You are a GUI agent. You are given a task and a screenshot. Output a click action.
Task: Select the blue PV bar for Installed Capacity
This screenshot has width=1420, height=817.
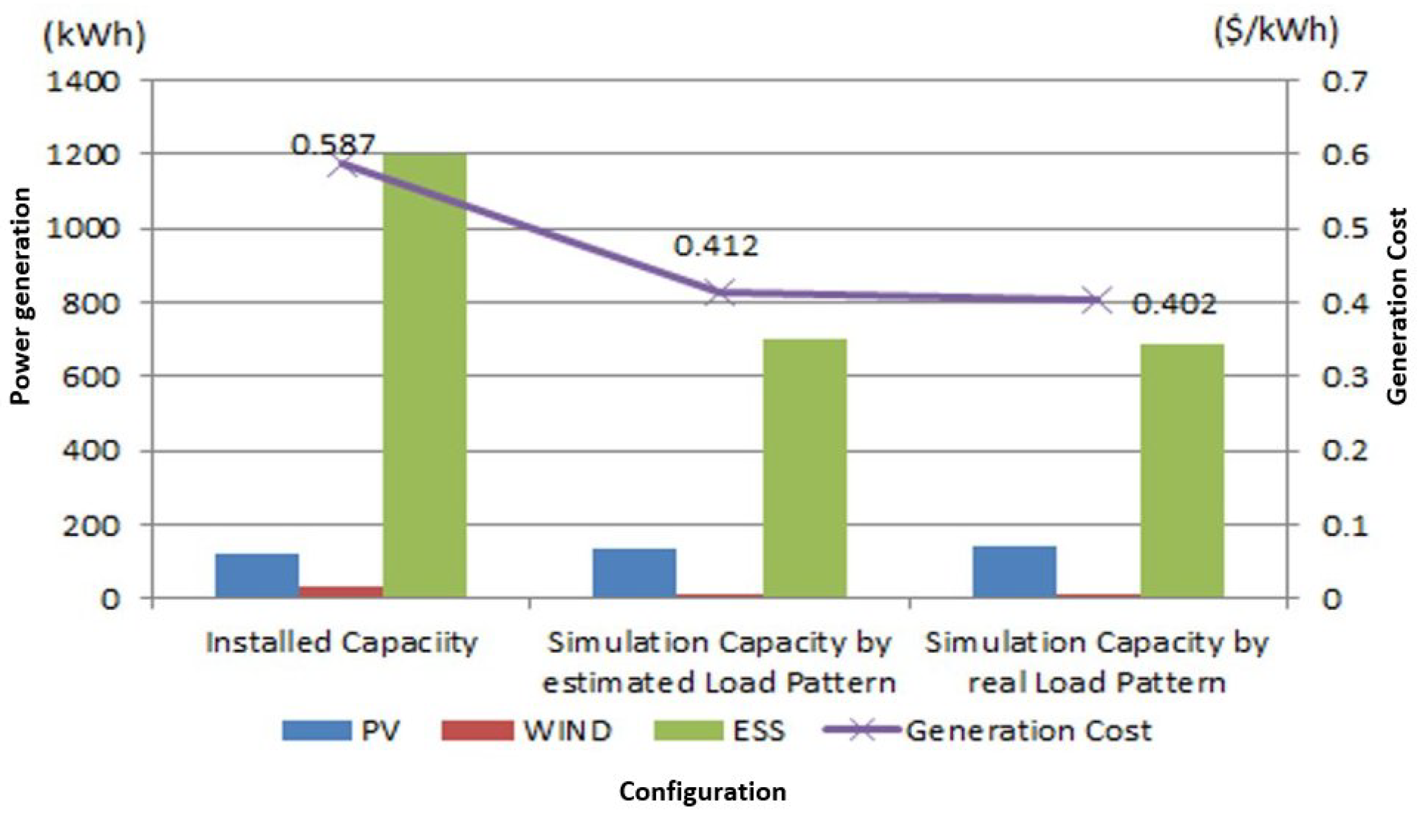257,575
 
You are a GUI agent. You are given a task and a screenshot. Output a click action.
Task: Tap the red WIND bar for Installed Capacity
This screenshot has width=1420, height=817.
341,591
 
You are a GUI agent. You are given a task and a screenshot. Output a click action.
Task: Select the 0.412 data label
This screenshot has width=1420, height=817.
716,246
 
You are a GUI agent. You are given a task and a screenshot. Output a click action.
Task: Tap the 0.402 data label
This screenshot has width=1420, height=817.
1173,304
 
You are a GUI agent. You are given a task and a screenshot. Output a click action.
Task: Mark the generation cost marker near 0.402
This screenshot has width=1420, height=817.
1094,301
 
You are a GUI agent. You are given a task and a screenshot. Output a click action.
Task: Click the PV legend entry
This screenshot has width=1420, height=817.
341,731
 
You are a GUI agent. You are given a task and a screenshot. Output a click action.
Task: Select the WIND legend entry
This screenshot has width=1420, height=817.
526,731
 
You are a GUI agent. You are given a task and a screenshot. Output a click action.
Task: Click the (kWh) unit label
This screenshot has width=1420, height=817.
94,36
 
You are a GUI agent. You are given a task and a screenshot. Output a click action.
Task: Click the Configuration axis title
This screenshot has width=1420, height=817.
702,792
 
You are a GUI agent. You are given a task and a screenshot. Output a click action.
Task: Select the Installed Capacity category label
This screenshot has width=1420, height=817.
341,643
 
